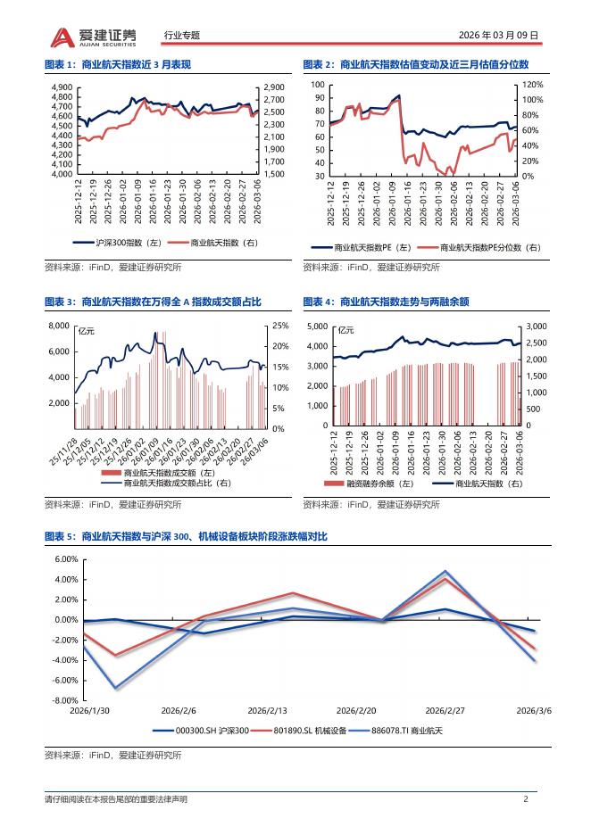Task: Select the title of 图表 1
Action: click(119, 65)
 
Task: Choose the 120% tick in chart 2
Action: click(532, 84)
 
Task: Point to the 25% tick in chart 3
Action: click(279, 326)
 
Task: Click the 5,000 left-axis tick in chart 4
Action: click(319, 327)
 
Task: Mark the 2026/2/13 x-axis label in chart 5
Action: click(266, 710)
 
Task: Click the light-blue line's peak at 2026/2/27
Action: click(445, 571)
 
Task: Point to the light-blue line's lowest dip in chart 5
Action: click(114, 689)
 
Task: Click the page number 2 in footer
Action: click(526, 798)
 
